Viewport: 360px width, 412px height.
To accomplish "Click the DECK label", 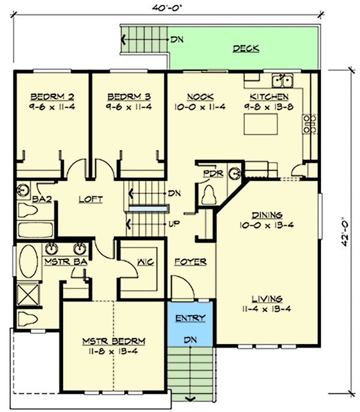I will pyautogui.click(x=246, y=49).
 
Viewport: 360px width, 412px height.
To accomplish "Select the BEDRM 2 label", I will pyautogui.click(x=43, y=97).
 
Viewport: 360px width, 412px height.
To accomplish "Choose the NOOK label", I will pyautogui.click(x=200, y=97).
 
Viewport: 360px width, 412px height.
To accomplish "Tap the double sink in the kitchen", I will pyautogui.click(x=281, y=79).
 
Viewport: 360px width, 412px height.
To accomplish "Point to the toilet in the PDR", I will pyautogui.click(x=209, y=194).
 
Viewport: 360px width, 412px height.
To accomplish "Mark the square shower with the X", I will pyautogui.click(x=27, y=296).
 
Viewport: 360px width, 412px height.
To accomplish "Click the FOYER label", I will pyautogui.click(x=190, y=262).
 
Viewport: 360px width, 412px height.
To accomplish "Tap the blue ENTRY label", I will pyautogui.click(x=190, y=318).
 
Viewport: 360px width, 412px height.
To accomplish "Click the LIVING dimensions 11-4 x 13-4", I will pyautogui.click(x=267, y=309).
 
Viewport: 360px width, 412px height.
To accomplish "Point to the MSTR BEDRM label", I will pyautogui.click(x=113, y=341).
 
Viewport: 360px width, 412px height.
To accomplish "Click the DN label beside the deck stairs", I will pyautogui.click(x=176, y=40).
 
